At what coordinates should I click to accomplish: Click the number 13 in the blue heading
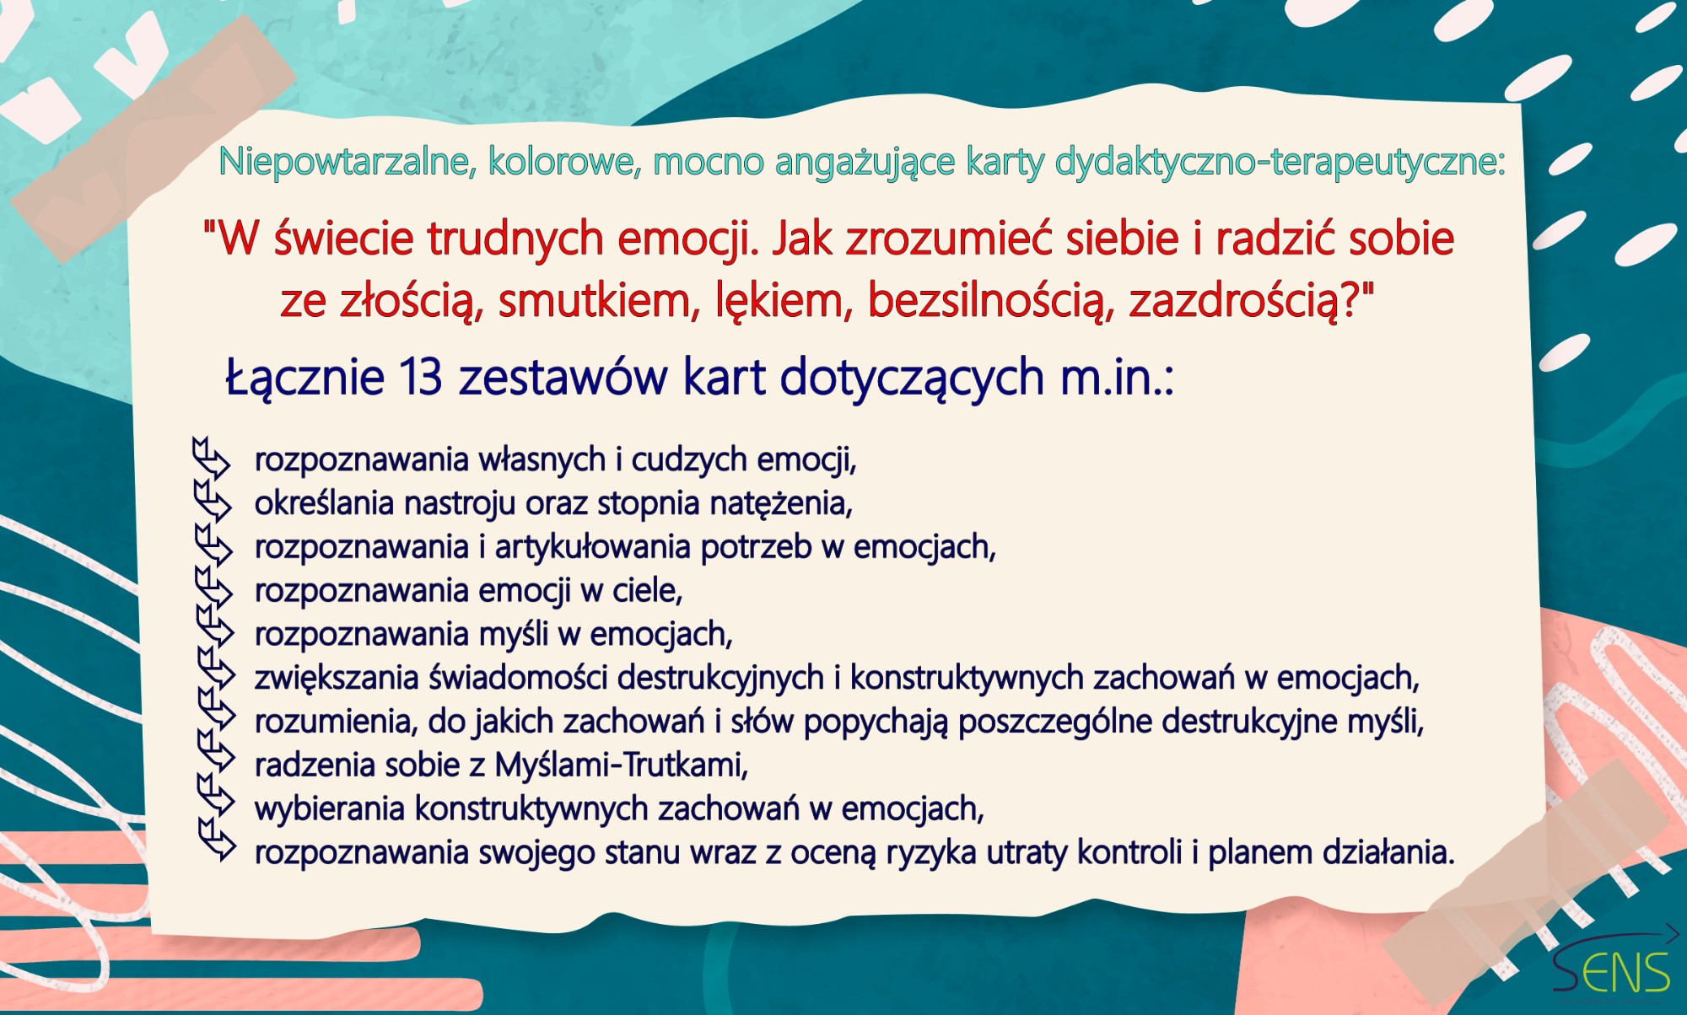tap(420, 376)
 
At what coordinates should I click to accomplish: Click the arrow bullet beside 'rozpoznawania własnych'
tap(211, 458)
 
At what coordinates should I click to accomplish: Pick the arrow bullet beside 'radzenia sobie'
tap(216, 751)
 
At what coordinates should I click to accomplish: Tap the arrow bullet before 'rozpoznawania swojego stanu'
tap(218, 839)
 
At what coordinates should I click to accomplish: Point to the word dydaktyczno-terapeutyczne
tap(1280, 161)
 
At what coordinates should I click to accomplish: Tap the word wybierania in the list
tap(330, 808)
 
